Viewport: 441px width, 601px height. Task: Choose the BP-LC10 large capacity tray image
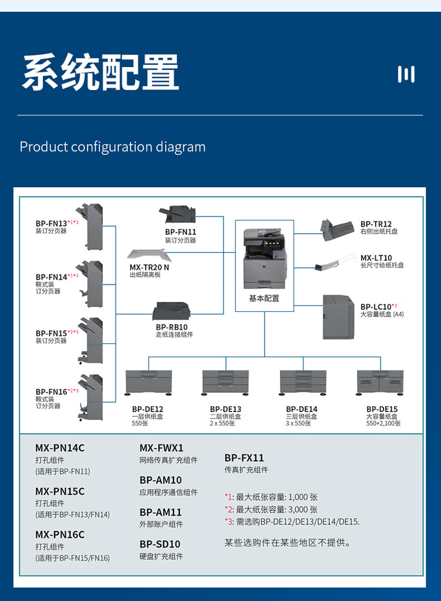click(339, 316)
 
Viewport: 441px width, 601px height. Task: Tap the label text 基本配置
click(264, 298)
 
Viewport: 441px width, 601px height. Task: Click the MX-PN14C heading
click(60, 448)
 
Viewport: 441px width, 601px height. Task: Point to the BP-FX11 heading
click(244, 458)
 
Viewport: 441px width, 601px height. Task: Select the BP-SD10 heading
click(160, 544)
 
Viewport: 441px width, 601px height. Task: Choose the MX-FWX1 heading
click(161, 448)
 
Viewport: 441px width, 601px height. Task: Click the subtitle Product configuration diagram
click(113, 147)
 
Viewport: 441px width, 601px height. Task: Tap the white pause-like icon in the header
click(406, 74)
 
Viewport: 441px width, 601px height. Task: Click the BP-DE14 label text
click(302, 409)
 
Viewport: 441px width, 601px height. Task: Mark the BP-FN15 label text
click(51, 333)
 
